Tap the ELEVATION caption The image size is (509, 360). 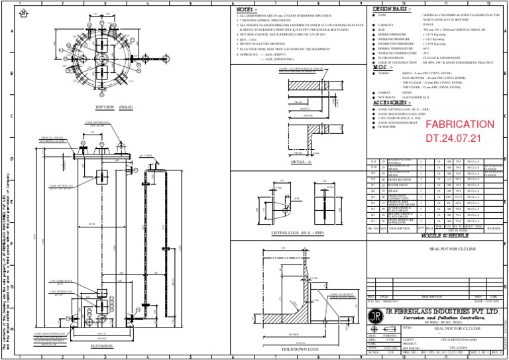click(102, 345)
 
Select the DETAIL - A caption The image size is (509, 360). click(302, 161)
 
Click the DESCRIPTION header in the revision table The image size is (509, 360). click(432, 296)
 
